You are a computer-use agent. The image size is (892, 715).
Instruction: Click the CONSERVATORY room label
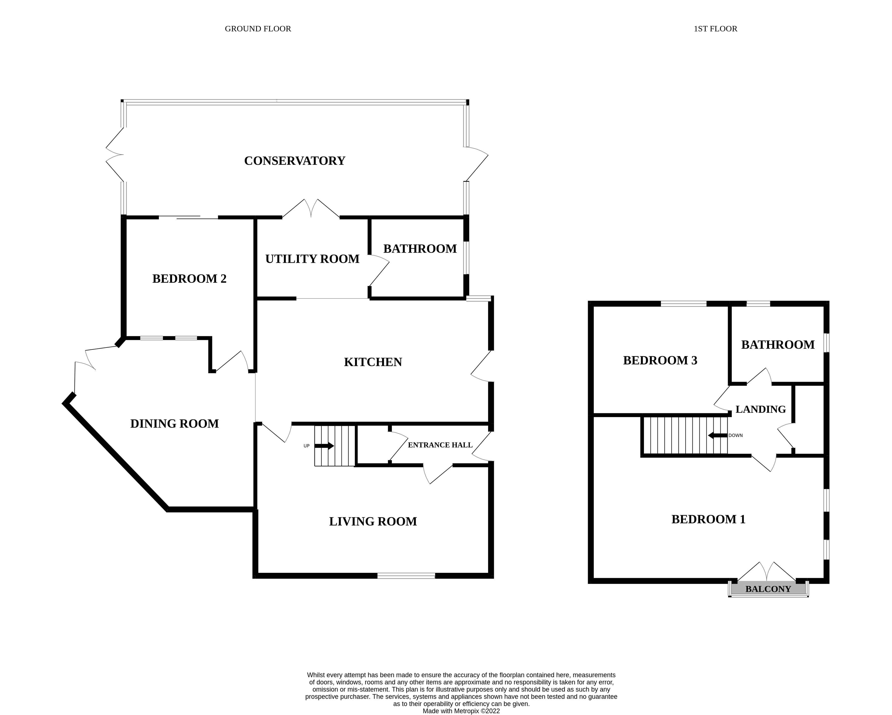(x=295, y=161)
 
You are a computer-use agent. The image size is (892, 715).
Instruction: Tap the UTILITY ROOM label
(x=312, y=259)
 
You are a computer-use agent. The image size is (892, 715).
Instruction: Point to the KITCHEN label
(x=373, y=362)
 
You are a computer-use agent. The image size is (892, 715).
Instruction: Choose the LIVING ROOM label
(x=373, y=521)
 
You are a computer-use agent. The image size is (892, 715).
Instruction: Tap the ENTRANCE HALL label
(x=440, y=445)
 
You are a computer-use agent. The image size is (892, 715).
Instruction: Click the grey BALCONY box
(x=768, y=589)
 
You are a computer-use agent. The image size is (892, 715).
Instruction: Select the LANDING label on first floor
(x=760, y=409)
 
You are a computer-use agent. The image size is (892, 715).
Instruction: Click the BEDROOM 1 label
(x=708, y=519)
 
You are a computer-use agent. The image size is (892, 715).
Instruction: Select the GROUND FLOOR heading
(x=258, y=29)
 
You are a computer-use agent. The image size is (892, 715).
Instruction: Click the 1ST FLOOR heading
(x=715, y=29)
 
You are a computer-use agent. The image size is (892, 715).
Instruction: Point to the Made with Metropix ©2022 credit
(x=461, y=711)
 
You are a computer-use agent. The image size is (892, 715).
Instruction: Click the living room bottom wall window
(x=406, y=576)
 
